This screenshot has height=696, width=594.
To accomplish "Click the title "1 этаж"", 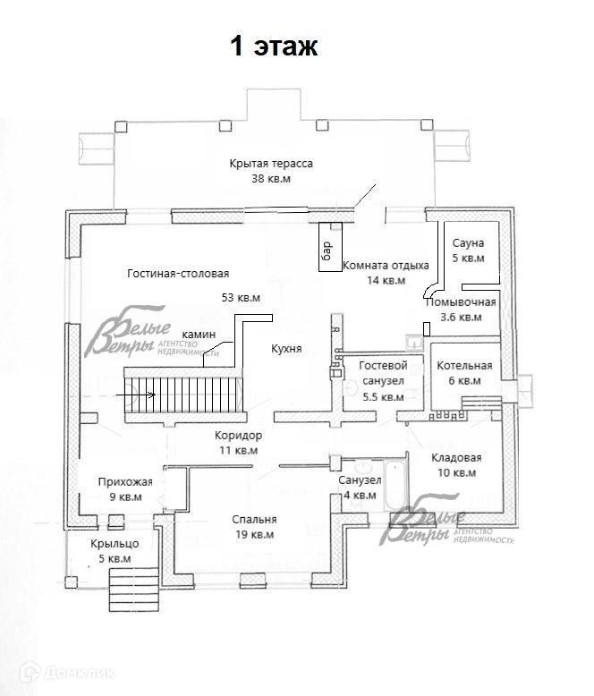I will point(276,47).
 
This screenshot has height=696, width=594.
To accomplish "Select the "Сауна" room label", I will point(468,242).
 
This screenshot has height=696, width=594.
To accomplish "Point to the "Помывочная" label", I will point(461,301).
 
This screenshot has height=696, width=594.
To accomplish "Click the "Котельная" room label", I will point(464,365).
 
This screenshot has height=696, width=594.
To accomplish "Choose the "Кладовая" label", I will point(456,457).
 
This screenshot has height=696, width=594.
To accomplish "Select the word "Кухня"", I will point(286,349).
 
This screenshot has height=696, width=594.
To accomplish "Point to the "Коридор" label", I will point(238,435).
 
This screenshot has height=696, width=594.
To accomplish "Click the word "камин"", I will point(199,334).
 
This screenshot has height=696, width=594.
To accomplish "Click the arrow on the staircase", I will point(141,394).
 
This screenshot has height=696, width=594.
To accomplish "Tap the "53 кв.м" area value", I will point(241,298).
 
